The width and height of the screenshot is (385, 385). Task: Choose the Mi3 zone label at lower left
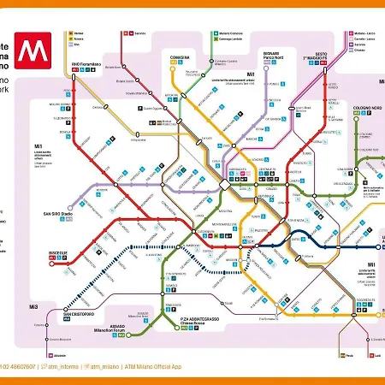pyautogui.click(x=33, y=306)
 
